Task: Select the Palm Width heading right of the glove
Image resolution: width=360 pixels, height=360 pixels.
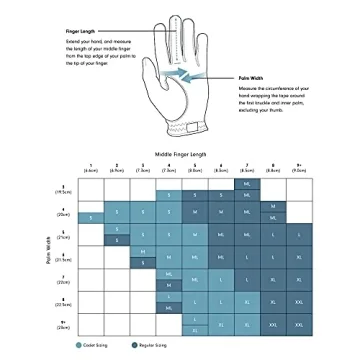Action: (253, 77)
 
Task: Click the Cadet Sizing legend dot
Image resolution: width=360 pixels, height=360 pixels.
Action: (79, 343)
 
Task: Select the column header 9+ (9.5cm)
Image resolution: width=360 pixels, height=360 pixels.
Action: (298, 169)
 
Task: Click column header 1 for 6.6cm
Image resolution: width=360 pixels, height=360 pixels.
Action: (90, 169)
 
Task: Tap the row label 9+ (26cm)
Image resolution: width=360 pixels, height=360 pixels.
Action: (63, 321)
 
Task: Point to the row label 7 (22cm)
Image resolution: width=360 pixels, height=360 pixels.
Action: (63, 283)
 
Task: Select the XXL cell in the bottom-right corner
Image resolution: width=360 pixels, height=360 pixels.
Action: (298, 323)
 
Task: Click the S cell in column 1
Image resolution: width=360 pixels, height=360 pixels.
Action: (90, 217)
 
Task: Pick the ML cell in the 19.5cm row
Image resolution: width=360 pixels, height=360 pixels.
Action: (247, 183)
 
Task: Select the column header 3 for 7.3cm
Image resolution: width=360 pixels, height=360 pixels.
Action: (143, 169)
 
